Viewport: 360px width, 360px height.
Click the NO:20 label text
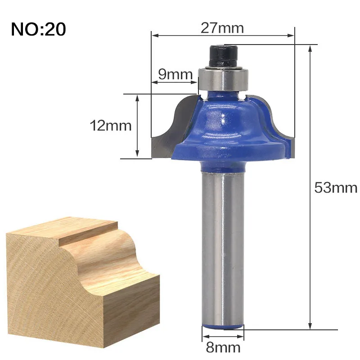click(38, 29)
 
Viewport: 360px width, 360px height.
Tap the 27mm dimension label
click(222, 28)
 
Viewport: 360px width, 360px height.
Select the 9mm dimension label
click(175, 74)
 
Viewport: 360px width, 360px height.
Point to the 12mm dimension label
click(110, 126)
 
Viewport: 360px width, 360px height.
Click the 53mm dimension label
click(336, 188)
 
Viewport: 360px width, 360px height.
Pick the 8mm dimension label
click(223, 347)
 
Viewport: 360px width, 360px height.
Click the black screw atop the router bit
click(223, 56)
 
